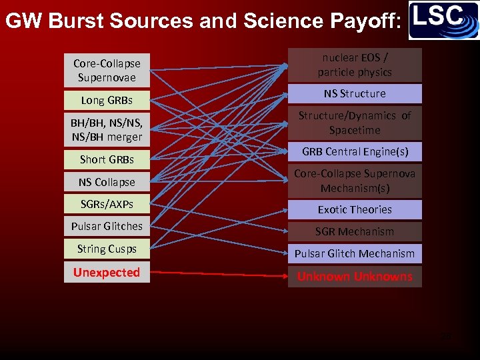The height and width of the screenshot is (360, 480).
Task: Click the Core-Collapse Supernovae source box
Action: pos(107,70)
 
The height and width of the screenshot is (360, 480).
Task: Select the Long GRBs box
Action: pos(107,101)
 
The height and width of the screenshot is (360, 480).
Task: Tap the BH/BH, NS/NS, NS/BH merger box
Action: pos(107,129)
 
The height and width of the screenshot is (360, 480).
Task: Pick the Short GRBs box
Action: pos(107,159)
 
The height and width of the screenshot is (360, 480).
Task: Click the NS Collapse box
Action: pos(107,182)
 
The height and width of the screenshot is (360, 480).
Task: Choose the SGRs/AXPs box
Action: pos(107,204)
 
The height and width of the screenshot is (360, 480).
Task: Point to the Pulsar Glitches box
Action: pos(107,226)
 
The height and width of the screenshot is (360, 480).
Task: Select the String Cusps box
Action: pos(107,249)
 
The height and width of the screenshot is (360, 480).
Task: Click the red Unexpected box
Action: pos(107,273)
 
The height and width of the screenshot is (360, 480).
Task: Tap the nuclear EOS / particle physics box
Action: pos(355,65)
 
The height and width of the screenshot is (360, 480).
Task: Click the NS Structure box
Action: pos(355,93)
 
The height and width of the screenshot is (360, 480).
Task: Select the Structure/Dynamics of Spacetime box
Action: pos(355,123)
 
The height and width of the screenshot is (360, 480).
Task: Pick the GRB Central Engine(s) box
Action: pos(355,152)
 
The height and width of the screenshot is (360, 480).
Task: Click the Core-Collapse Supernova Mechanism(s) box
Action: pos(355,181)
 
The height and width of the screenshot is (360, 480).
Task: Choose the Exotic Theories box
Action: pos(355,209)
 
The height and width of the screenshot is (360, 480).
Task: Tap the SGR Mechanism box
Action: pos(355,231)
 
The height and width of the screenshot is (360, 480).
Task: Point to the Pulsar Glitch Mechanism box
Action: pos(355,253)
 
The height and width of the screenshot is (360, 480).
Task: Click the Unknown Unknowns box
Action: pos(355,276)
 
